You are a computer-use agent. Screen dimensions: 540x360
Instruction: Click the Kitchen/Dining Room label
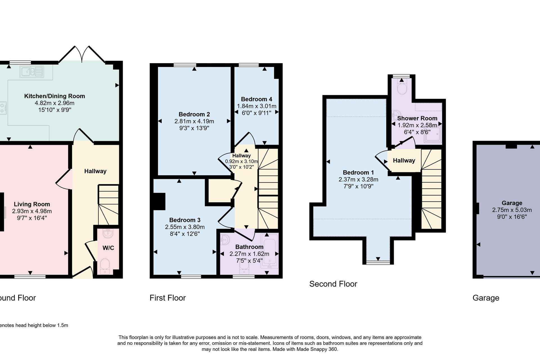tap(55, 96)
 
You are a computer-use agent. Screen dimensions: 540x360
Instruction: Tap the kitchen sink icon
tap(32, 71)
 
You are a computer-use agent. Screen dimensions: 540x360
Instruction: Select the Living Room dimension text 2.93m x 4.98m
tap(32, 211)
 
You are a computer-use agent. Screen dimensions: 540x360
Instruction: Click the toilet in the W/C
tap(105, 266)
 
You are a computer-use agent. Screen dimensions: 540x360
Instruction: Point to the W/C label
tap(108, 248)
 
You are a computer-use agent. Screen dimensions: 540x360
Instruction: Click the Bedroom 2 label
tap(194, 114)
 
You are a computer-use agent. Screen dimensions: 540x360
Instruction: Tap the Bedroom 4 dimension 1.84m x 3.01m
tap(257, 106)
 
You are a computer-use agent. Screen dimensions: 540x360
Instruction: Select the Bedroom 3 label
tap(185, 220)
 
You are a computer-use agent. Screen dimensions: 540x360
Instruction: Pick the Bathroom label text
tap(249, 247)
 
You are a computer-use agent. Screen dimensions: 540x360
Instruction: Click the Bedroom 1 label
tap(358, 173)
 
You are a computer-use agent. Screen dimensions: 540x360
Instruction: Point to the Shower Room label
tap(417, 118)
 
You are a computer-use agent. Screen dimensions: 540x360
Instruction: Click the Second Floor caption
tap(333, 284)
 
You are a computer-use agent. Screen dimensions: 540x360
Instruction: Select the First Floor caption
tap(168, 298)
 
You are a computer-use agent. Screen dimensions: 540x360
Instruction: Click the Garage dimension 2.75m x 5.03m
tap(512, 210)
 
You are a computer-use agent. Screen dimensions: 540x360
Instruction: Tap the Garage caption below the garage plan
tap(486, 298)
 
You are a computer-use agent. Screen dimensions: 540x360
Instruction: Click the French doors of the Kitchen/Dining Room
tap(82, 54)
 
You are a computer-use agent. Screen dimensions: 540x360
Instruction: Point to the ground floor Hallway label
tap(95, 171)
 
